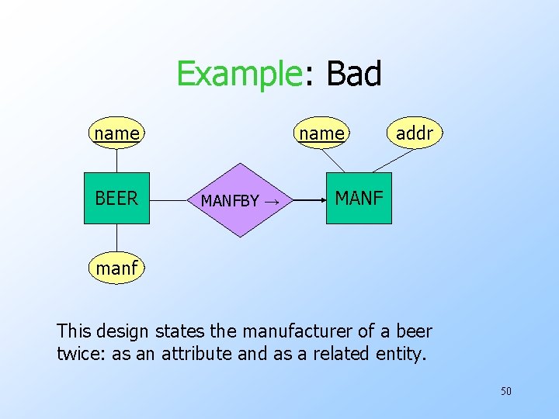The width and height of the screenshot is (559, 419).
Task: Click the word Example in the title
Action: (x=238, y=74)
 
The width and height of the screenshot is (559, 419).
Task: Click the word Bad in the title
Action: (x=354, y=74)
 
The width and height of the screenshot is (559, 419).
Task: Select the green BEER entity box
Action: (x=116, y=199)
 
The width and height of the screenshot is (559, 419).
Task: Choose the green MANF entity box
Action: (x=359, y=199)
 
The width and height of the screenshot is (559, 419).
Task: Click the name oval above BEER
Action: (x=116, y=133)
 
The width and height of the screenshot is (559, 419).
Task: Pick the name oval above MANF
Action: (x=321, y=133)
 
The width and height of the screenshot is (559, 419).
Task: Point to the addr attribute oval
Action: (x=415, y=133)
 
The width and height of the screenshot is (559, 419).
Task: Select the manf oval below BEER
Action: (x=116, y=268)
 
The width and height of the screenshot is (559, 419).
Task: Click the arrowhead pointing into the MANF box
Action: (x=321, y=199)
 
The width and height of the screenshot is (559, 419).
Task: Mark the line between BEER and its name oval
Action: (x=116, y=159)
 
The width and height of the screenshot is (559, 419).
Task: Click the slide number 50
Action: (x=505, y=391)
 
